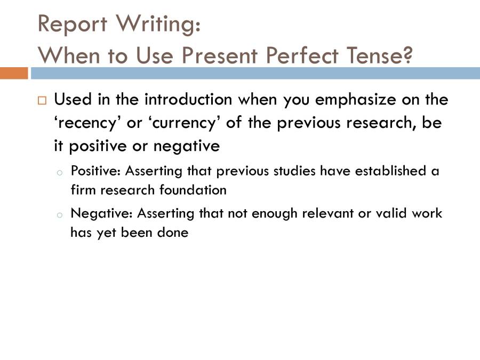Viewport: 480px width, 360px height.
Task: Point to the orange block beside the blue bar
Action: (14, 73)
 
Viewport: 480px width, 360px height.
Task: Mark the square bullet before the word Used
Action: (42, 100)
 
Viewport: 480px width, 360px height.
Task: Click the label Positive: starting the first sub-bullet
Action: (95, 172)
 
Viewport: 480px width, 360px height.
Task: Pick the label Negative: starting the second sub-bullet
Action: (101, 213)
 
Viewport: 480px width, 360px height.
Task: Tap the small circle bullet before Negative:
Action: (60, 214)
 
